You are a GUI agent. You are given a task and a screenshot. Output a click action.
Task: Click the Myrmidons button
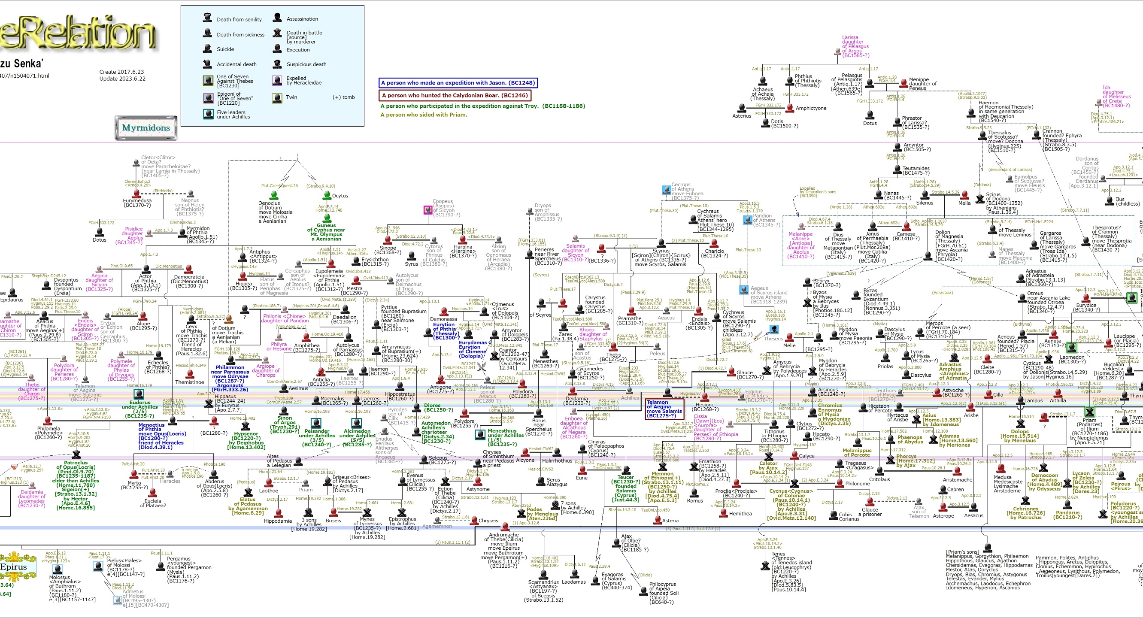(x=146, y=128)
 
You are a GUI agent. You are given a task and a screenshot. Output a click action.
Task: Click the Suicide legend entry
(x=225, y=49)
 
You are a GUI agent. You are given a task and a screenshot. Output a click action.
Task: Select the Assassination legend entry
(x=302, y=19)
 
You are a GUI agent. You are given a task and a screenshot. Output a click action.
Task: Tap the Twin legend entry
(x=291, y=97)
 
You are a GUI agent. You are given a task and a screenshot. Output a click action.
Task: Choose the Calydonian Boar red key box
(x=455, y=95)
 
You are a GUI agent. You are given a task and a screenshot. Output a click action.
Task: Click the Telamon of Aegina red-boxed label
(x=664, y=409)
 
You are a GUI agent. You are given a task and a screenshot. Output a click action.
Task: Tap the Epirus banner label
(x=13, y=567)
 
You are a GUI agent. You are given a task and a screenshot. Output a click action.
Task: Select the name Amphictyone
(x=811, y=108)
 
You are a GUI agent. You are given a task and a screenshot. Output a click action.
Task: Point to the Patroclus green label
(x=76, y=463)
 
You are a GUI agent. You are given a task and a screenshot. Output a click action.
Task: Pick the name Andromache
(x=503, y=535)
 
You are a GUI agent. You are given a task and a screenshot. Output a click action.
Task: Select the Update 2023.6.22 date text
(x=122, y=79)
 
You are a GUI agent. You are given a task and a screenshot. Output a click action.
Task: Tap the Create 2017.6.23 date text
(x=121, y=72)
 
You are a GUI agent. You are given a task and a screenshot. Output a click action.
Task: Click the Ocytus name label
(x=340, y=196)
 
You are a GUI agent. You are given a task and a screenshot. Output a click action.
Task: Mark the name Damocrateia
(x=189, y=277)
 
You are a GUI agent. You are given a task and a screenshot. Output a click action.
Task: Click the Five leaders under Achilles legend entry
(x=233, y=115)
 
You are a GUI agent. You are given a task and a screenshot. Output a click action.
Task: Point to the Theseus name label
(x=773, y=339)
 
